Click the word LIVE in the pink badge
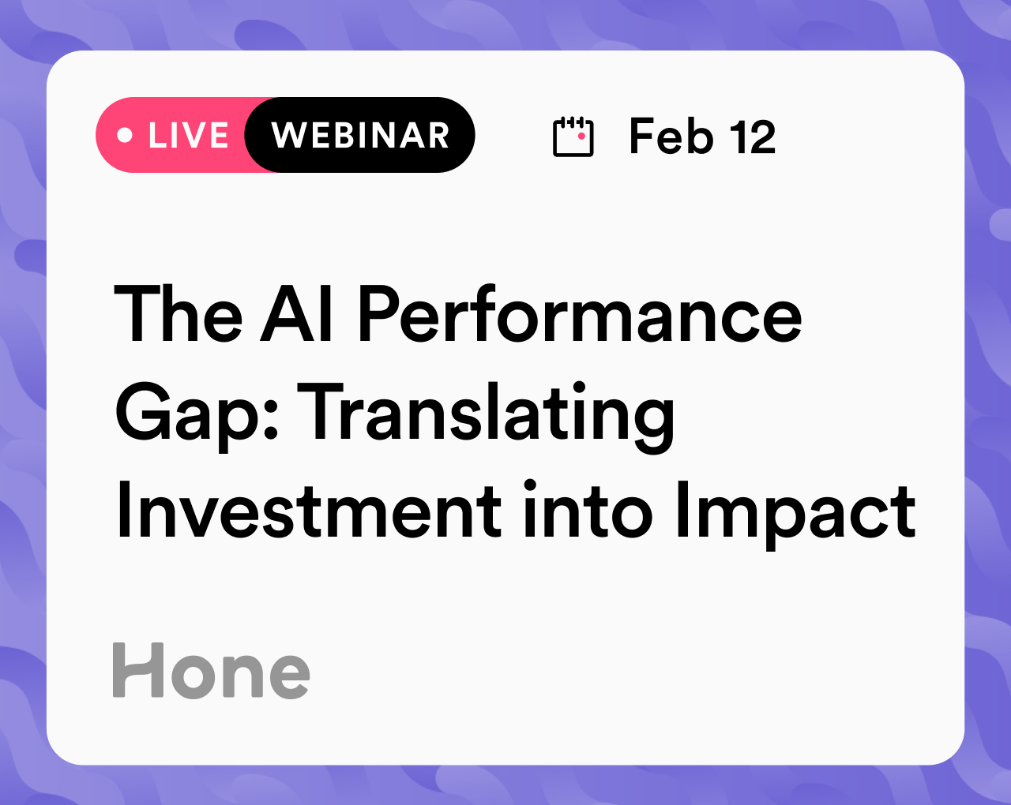189,136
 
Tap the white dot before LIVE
125,135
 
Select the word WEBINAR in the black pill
360,136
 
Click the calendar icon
573,137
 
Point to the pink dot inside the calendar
581,136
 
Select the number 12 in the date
753,137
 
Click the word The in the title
179,313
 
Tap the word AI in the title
297,313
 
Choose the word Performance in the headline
581,313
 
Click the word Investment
309,510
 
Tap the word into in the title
588,510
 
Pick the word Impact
796,515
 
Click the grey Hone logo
211,670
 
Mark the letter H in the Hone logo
138,670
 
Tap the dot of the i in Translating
579,388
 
